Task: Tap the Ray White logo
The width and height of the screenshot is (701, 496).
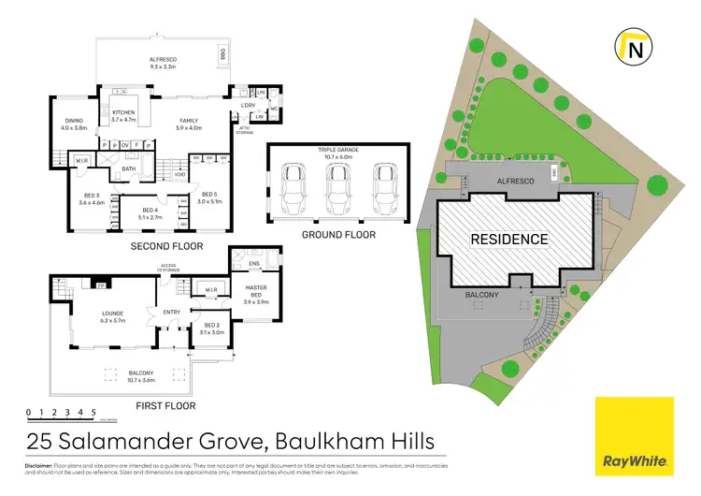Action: (x=634, y=437)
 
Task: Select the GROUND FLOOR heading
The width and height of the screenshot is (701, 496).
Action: (x=337, y=235)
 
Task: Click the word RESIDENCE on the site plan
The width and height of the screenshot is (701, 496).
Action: (x=508, y=240)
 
